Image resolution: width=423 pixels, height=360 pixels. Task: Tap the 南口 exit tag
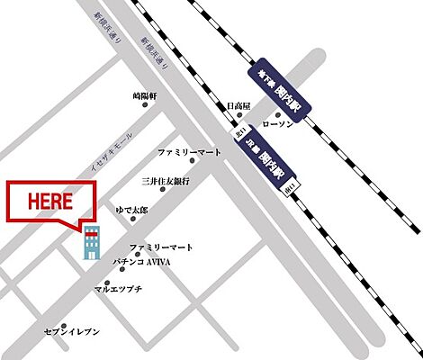pyautogui.click(x=289, y=191)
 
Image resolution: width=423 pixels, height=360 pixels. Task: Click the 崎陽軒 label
pyautogui.click(x=145, y=94)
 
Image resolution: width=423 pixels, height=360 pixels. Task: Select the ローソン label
pyautogui.click(x=276, y=125)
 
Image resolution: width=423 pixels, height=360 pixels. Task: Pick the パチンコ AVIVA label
pyautogui.click(x=140, y=262)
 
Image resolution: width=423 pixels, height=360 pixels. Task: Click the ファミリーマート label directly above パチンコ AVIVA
pyautogui.click(x=162, y=247)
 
